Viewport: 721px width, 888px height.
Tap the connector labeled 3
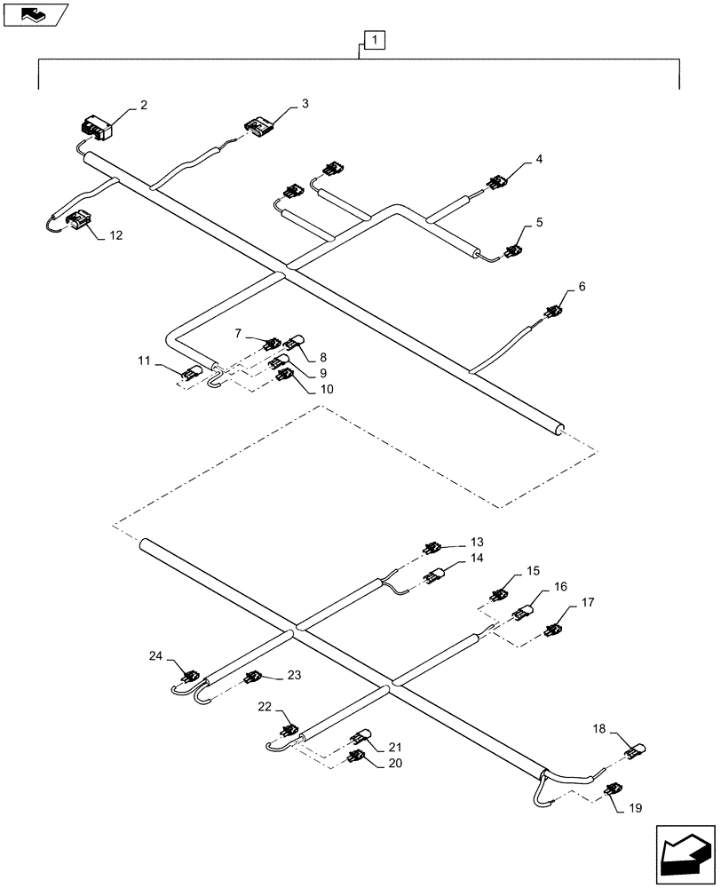258,127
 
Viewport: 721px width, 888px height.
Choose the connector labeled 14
435,576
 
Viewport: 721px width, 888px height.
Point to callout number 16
559,587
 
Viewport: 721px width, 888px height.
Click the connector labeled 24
188,678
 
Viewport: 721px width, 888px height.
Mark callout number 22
264,706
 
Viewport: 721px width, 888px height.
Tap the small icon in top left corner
35,13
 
